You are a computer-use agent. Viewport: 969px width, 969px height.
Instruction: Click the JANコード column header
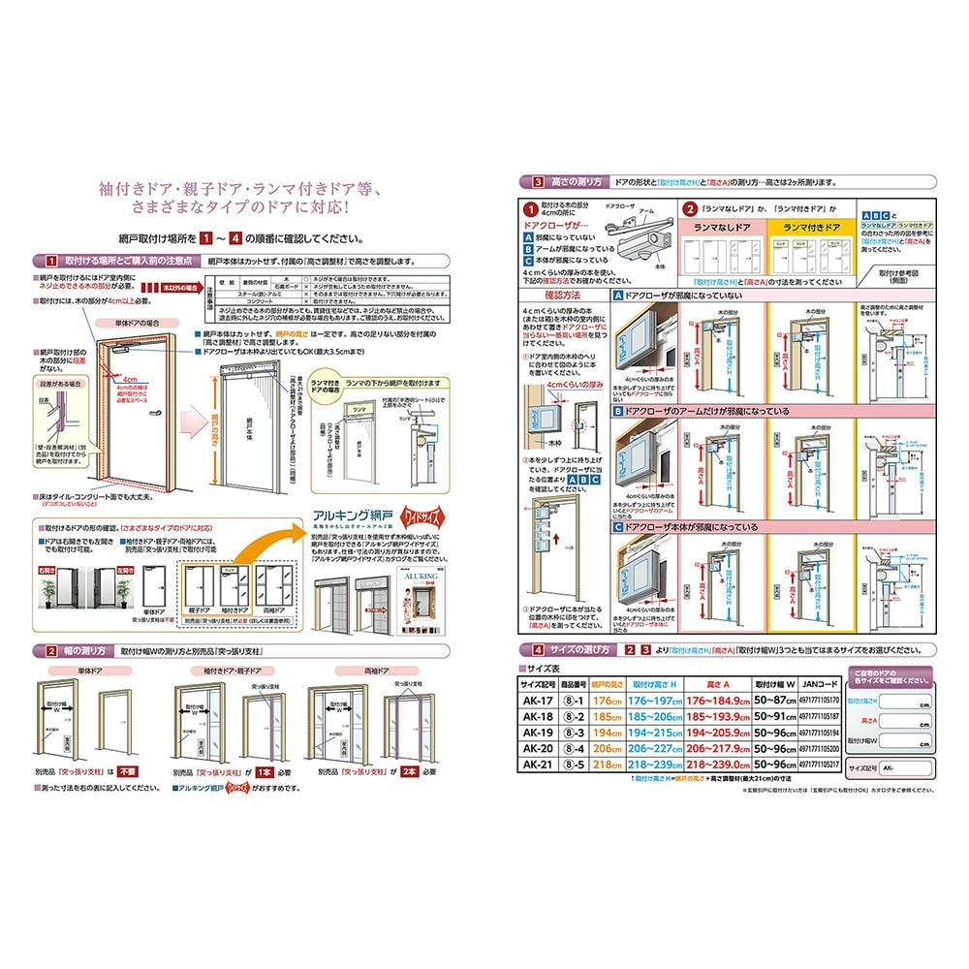820,682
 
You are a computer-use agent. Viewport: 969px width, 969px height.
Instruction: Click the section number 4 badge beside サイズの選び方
524,649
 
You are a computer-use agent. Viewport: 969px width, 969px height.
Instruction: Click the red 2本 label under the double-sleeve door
406,771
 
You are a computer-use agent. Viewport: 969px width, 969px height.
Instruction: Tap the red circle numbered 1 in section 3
530,208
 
